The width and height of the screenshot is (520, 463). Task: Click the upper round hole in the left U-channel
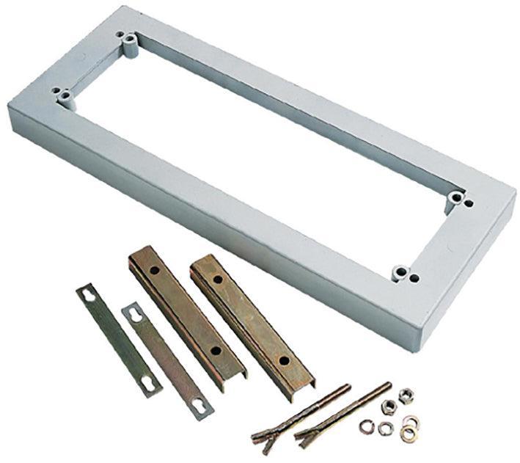click(155, 270)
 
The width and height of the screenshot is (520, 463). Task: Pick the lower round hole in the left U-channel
click(214, 351)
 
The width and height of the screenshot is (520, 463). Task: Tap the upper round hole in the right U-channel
click(219, 279)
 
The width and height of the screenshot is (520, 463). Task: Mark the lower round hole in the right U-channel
click(282, 360)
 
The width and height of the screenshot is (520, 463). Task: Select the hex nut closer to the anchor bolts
click(389, 408)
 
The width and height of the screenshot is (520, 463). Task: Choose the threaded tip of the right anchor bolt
click(388, 384)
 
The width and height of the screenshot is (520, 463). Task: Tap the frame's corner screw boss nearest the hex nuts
click(399, 274)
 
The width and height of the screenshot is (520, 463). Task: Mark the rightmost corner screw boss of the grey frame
click(457, 197)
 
